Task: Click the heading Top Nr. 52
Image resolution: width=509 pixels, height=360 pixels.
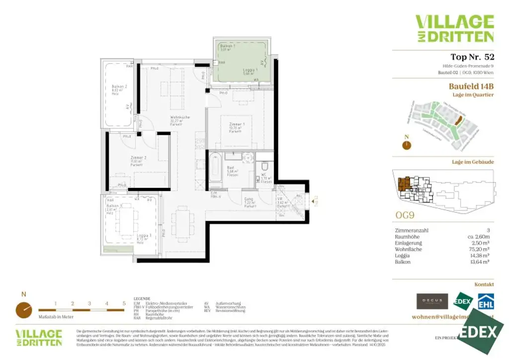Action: (x=472, y=57)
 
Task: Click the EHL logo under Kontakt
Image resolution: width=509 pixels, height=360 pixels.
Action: (x=486, y=301)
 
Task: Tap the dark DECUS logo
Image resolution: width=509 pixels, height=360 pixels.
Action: (x=432, y=301)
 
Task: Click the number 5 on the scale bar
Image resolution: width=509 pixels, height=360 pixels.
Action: (x=124, y=303)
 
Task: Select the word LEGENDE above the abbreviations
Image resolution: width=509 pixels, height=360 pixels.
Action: (x=142, y=298)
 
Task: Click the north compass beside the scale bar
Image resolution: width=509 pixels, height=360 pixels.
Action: (x=23, y=309)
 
